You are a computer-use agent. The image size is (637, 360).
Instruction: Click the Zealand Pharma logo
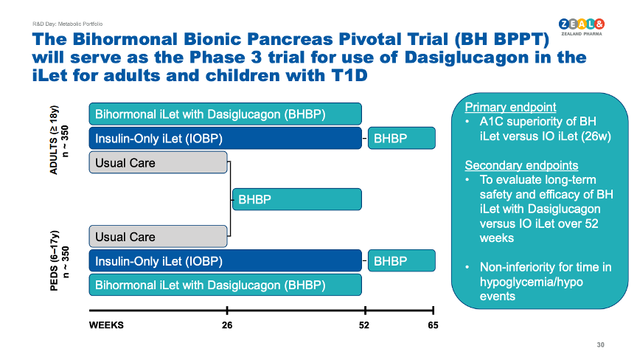click(x=582, y=27)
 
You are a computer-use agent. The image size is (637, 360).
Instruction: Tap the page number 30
click(x=600, y=345)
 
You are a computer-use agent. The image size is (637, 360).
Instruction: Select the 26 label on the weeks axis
click(x=227, y=325)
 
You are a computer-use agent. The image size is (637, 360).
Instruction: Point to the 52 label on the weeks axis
click(x=364, y=325)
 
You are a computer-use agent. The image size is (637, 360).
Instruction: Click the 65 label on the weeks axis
click(x=433, y=325)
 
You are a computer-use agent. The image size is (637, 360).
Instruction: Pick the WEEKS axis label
click(x=106, y=325)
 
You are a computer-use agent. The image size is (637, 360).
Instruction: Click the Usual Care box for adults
click(x=158, y=162)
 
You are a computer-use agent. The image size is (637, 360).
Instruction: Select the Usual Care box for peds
click(x=158, y=237)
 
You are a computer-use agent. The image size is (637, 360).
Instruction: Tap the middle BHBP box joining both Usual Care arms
click(x=297, y=199)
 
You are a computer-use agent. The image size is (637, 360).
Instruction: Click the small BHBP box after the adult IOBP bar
click(x=402, y=138)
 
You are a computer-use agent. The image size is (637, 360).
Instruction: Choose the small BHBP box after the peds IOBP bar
click(x=402, y=260)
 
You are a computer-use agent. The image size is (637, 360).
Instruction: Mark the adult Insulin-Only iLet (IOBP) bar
click(x=226, y=138)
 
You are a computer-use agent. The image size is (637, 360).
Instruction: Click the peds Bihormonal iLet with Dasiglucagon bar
click(x=226, y=285)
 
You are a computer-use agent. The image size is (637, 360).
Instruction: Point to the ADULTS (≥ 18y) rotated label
click(x=54, y=140)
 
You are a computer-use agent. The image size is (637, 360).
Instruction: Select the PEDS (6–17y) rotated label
click(x=54, y=261)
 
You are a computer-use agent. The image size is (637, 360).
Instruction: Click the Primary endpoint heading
click(x=510, y=107)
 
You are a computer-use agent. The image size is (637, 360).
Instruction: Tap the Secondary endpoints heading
click(x=521, y=165)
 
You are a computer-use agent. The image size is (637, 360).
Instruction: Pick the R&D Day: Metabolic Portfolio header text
click(x=67, y=24)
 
